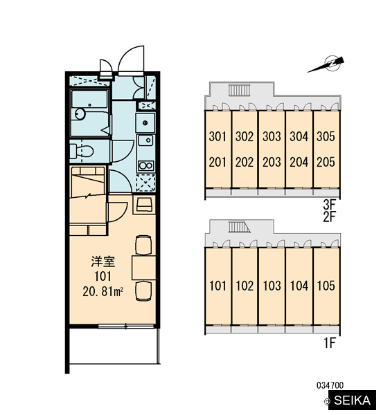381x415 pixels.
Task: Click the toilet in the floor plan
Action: point(82,151)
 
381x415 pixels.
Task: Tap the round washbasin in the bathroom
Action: point(80,114)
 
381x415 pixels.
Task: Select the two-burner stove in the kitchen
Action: point(145,166)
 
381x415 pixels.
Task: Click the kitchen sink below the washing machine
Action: point(145,140)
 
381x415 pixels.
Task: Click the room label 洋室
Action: point(103,261)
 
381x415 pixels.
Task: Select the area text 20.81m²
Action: point(103,292)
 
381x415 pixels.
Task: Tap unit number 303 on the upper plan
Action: point(272,136)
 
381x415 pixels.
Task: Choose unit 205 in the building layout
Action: point(326,162)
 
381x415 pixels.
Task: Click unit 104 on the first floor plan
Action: point(299,286)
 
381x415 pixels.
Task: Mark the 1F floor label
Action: point(330,343)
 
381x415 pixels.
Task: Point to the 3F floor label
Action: point(330,204)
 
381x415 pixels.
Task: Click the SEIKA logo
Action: point(352,400)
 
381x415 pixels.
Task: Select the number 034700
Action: point(330,385)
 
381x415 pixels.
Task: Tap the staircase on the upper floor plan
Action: point(239,90)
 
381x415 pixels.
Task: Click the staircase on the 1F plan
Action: point(240,227)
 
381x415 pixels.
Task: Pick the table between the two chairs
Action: point(143,268)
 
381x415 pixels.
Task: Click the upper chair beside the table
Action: point(143,245)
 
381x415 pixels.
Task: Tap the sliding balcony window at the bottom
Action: point(126,326)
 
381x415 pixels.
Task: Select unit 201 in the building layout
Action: point(218,162)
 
